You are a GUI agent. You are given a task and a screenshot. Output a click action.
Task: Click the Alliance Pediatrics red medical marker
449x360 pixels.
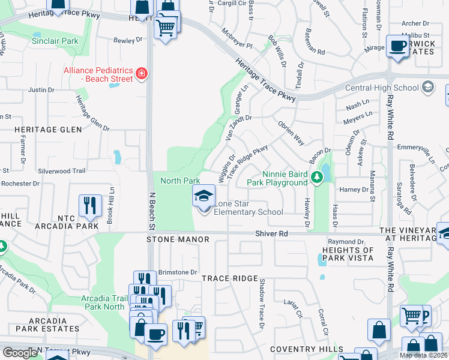click(142, 74)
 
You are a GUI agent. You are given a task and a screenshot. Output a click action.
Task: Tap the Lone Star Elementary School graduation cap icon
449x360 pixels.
click(203, 196)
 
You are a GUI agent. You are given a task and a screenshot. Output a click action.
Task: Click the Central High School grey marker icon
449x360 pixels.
click(427, 88)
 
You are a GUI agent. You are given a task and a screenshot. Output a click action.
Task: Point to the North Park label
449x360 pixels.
click(180, 181)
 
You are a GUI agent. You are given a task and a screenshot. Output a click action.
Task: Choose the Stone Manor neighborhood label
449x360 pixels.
click(178, 239)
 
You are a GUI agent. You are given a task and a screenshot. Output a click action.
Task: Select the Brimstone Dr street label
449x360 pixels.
click(178, 272)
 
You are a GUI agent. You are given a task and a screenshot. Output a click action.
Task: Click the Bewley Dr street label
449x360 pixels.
click(128, 41)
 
